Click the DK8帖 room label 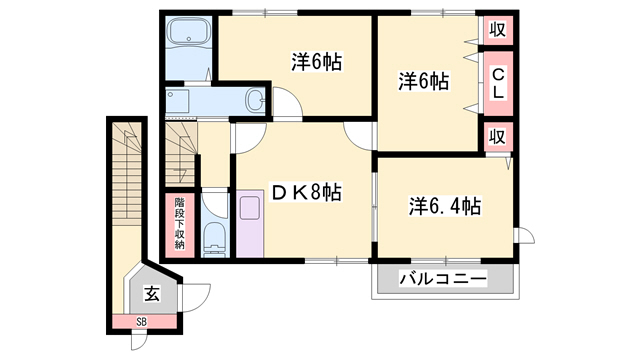pyautogui.click(x=301, y=192)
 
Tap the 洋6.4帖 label pyautogui.click(x=445, y=206)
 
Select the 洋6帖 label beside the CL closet pyautogui.click(x=425, y=79)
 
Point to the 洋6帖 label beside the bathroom pyautogui.click(x=317, y=62)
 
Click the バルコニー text pyautogui.click(x=443, y=278)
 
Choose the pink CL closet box pyautogui.click(x=497, y=80)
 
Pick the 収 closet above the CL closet pyautogui.click(x=497, y=30)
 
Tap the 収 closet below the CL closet pyautogui.click(x=497, y=136)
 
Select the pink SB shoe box pyautogui.click(x=141, y=322)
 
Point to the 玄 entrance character pyautogui.click(x=151, y=294)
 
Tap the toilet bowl pyautogui.click(x=212, y=238)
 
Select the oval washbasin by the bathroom pyautogui.click(x=255, y=100)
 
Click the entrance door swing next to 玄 pyautogui.click(x=198, y=297)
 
